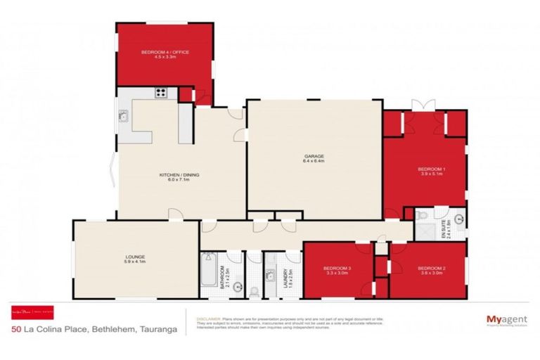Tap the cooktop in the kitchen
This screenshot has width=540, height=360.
tap(161, 92)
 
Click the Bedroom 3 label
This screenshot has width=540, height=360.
tap(337, 271)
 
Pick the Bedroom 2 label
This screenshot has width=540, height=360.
tap(431, 271)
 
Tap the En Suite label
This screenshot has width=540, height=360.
tap(443, 229)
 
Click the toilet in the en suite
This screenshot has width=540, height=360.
tap(420, 216)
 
